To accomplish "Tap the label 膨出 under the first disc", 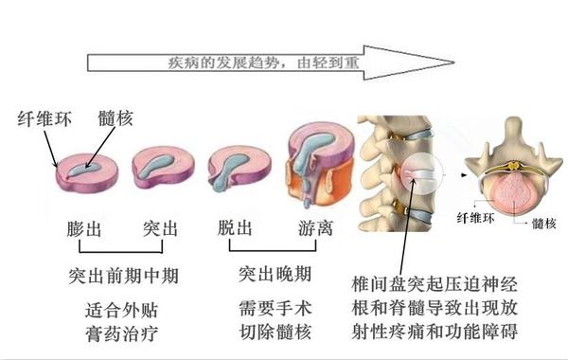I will (x=88, y=229).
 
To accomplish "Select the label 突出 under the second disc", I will (x=161, y=229).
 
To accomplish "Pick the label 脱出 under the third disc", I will (x=236, y=229).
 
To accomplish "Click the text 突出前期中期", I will (x=125, y=277).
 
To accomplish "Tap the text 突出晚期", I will (x=274, y=275).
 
